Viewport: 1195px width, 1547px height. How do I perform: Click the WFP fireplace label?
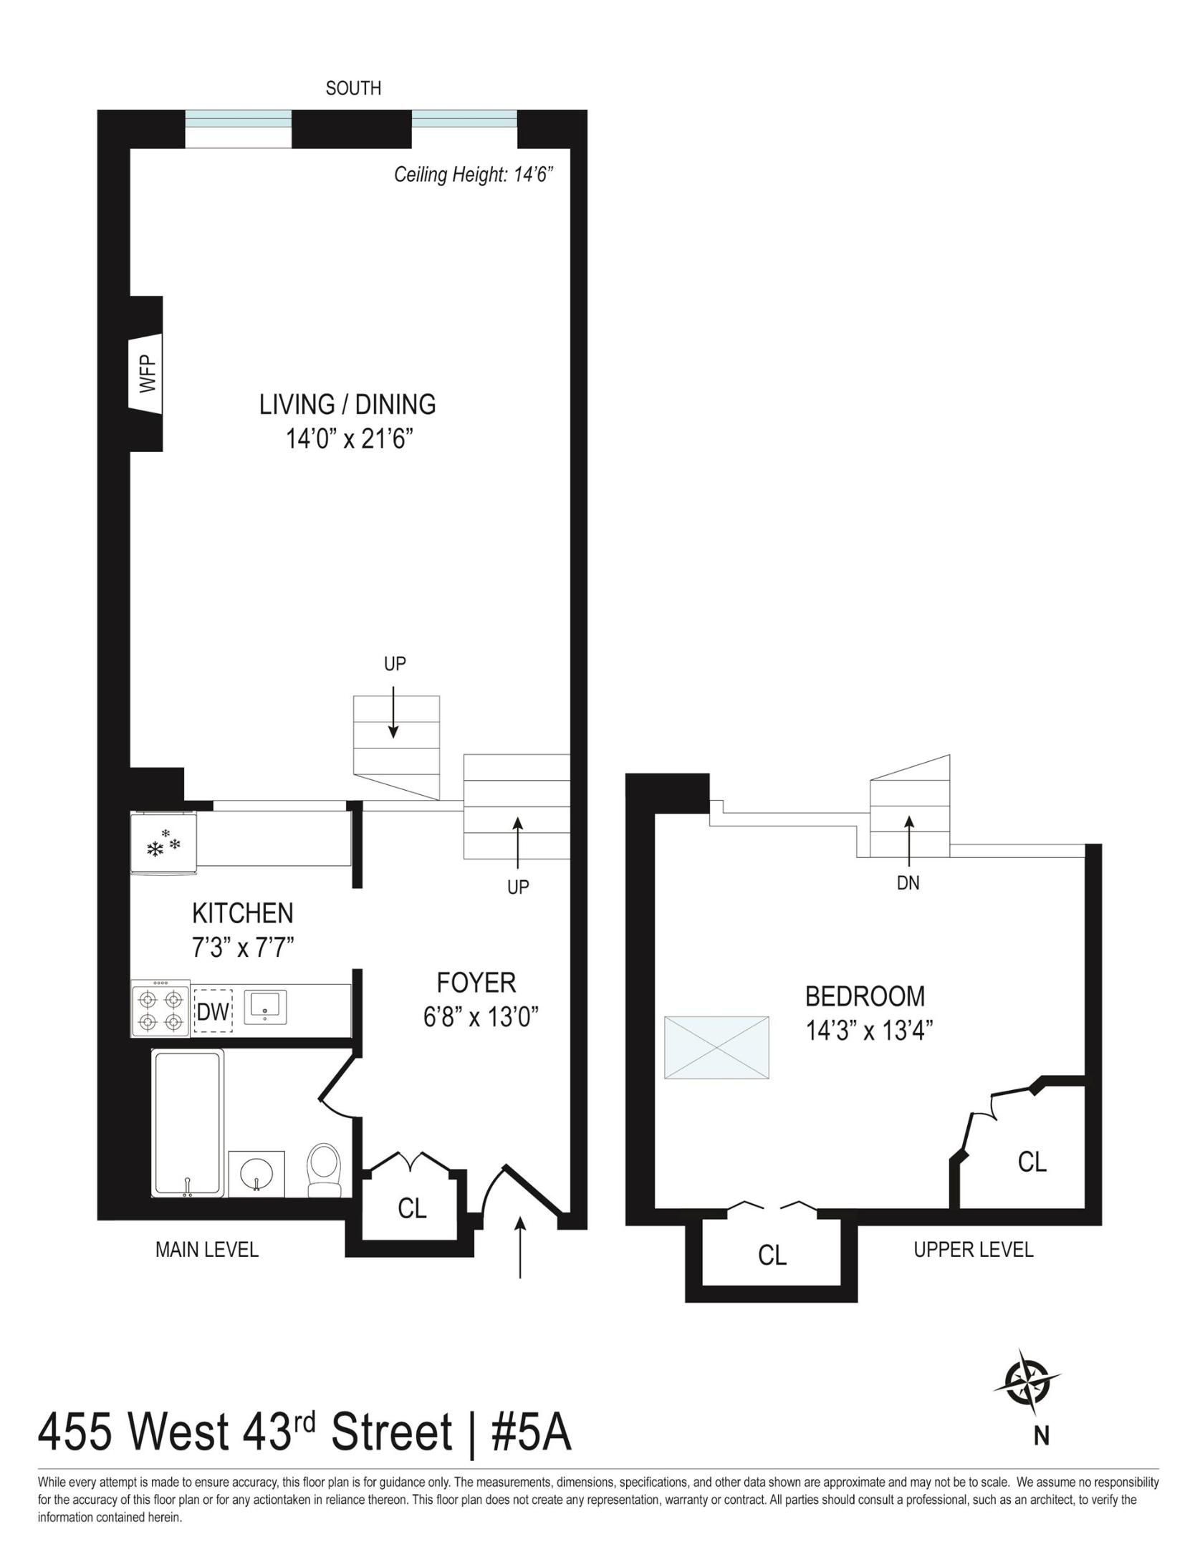click(147, 373)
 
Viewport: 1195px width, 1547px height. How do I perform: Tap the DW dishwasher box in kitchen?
click(213, 1011)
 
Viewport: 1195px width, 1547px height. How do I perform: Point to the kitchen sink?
click(265, 1006)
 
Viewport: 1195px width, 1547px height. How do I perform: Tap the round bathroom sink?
click(256, 1175)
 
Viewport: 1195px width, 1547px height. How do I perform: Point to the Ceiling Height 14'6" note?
click(474, 175)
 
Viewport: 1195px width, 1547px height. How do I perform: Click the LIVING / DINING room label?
click(347, 405)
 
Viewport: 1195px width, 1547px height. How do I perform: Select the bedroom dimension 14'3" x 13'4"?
click(869, 1031)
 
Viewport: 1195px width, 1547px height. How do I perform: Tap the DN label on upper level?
click(908, 883)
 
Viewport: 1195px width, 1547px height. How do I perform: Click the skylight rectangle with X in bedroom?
click(716, 1047)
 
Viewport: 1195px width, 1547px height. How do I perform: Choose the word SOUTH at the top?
click(353, 88)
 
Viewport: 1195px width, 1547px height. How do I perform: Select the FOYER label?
click(476, 983)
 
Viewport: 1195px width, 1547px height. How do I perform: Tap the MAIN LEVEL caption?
click(207, 1250)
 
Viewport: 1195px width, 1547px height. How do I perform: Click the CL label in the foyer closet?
click(412, 1209)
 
